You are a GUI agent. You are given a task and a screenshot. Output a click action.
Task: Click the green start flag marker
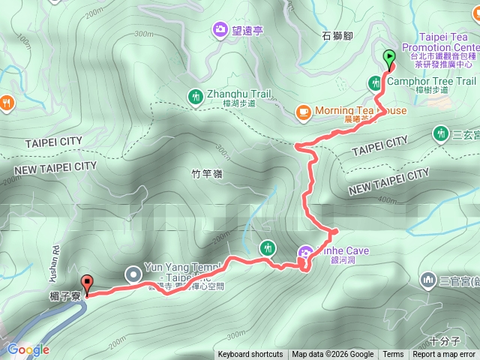[x=389, y=57]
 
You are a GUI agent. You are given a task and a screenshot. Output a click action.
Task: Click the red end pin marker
[x=87, y=283]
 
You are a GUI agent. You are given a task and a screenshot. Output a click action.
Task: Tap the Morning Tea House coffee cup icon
[x=303, y=112]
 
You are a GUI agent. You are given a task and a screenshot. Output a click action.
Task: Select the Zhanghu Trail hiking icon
[x=195, y=95]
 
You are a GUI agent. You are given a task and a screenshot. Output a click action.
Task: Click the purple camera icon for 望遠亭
[x=220, y=29]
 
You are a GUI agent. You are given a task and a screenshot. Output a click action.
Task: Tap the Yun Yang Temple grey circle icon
[x=133, y=274]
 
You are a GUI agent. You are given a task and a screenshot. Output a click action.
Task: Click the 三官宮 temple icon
[x=428, y=280]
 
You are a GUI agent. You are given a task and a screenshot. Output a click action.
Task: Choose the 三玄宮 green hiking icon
[x=440, y=133]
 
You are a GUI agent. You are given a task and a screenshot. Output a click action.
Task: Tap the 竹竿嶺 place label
[x=206, y=174]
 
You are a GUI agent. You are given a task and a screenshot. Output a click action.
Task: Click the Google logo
[x=28, y=349]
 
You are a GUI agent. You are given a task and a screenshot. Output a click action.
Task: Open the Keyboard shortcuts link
[x=250, y=355]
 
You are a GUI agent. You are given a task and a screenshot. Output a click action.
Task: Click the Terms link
[x=393, y=355]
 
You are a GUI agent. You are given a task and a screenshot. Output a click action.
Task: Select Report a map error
[x=445, y=355]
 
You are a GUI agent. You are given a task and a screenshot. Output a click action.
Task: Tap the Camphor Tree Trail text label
[x=431, y=81]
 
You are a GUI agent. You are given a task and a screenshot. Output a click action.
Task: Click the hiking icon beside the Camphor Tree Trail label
[x=374, y=82]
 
